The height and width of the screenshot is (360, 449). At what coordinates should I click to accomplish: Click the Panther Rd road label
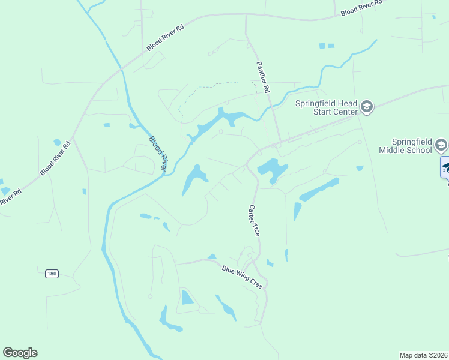coord(263,76)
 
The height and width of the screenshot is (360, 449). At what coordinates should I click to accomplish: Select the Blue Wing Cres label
coord(242,277)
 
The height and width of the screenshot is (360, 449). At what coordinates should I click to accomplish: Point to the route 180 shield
coord(52,274)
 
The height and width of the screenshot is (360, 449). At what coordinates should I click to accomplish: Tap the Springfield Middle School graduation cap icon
coord(441,145)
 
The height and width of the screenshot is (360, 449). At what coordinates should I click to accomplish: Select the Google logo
coord(20,353)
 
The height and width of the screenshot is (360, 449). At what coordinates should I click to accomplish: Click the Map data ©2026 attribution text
coord(424,355)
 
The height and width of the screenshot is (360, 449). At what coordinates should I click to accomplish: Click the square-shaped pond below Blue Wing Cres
coord(187,296)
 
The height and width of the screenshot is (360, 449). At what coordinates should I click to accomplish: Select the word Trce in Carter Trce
coord(257,229)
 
